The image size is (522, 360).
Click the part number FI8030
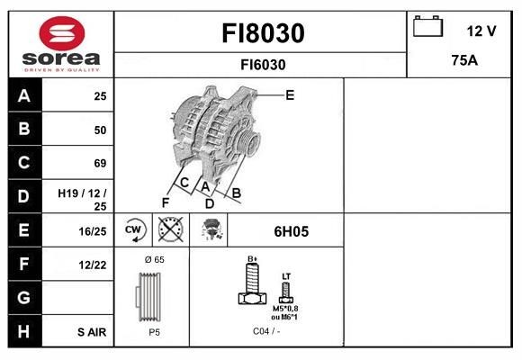[x=263, y=34]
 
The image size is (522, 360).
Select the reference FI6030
[x=263, y=65]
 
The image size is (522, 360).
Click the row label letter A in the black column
[x=23, y=95]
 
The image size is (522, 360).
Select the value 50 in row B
[x=100, y=130]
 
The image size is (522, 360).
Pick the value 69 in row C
[x=100, y=163]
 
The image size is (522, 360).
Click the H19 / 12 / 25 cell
[x=82, y=199]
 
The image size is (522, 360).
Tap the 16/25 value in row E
[x=94, y=232]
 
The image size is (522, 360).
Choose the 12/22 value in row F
[x=94, y=265]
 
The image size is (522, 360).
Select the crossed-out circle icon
[x=169, y=231]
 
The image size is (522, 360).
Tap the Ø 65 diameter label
[x=154, y=260]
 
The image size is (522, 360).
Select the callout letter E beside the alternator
[x=290, y=94]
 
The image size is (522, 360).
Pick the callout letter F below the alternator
[x=166, y=202]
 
